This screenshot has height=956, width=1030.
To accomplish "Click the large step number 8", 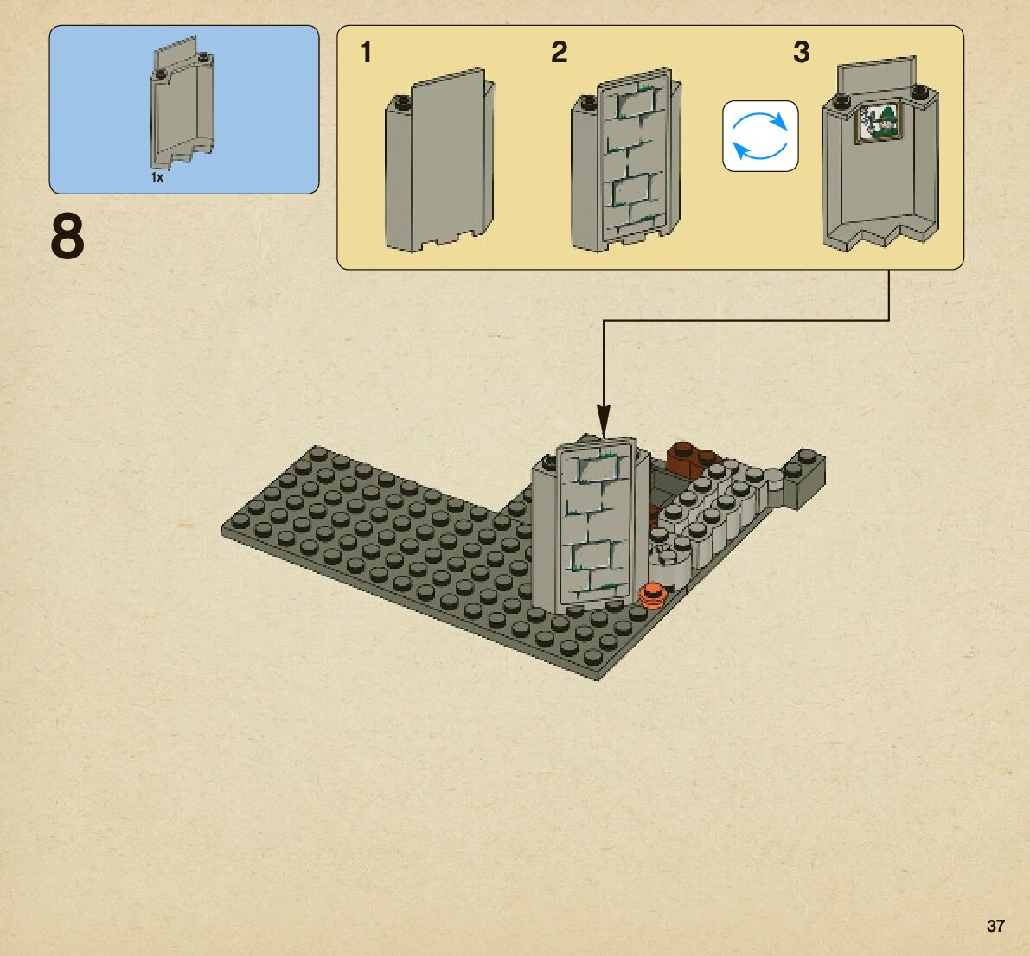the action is point(67,237).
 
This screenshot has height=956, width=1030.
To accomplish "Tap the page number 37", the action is point(995,926).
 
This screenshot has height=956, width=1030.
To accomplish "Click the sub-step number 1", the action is point(367,53).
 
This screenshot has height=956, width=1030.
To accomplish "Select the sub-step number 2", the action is point(560,53).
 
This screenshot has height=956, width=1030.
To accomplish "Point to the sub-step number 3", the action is point(802,53).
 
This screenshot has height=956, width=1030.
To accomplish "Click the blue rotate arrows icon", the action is point(760,136).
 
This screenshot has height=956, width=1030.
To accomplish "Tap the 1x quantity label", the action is point(157,177).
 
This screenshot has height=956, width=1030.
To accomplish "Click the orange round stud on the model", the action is point(653,595).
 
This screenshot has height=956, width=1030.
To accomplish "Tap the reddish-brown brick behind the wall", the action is point(688,456).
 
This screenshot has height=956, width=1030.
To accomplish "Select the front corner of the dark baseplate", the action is point(598,675).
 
